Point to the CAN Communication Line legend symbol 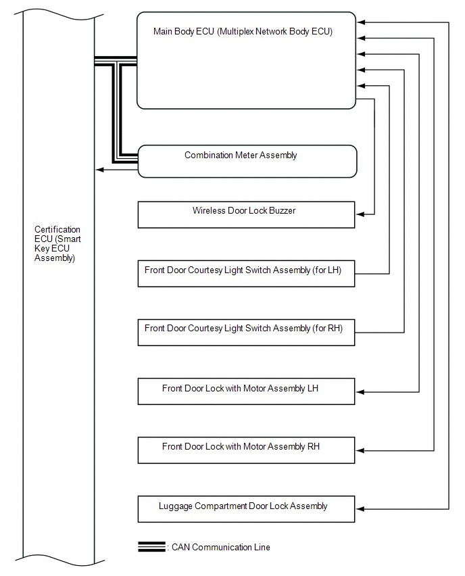pos(151,547)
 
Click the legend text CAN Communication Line pos(221,547)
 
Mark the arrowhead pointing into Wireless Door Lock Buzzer pos(360,214)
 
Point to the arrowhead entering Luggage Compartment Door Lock pos(360,508)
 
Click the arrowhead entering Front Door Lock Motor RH pos(360,450)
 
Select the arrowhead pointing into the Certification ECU pos(99,169)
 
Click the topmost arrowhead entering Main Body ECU pos(360,23)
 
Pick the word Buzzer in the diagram pos(281,211)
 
